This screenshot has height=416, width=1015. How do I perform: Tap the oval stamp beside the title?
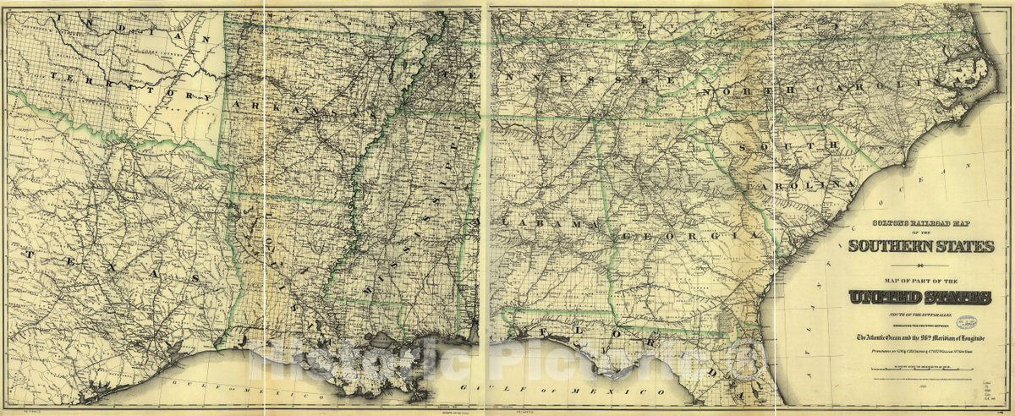click(x=984, y=322)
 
